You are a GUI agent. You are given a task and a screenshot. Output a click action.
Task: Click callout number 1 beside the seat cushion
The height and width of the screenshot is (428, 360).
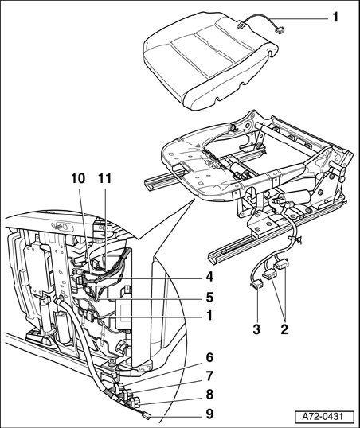[x=335, y=18]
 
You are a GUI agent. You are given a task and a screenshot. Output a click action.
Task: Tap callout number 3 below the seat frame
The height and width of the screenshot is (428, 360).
[x=256, y=329]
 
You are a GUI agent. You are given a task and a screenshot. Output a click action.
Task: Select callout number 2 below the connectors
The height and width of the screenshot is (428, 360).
[x=284, y=329]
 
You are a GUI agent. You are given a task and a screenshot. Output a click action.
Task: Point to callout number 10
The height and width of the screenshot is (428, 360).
[x=78, y=179]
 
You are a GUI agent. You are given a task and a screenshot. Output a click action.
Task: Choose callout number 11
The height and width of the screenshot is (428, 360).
[x=105, y=179]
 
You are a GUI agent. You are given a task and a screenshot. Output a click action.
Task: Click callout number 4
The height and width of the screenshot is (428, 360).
[x=209, y=278]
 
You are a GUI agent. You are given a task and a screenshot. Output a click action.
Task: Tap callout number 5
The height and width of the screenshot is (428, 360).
[x=209, y=298]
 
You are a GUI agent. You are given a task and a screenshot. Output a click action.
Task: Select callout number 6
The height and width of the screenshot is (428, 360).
[x=209, y=357]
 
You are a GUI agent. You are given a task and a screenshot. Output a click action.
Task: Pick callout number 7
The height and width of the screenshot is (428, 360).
[x=209, y=376]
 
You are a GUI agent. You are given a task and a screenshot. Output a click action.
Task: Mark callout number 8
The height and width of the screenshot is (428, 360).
[x=209, y=395]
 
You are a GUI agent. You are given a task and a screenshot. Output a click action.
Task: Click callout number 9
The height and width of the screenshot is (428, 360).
[x=209, y=414]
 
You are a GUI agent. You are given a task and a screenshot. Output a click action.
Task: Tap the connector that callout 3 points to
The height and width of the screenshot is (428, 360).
[x=256, y=286]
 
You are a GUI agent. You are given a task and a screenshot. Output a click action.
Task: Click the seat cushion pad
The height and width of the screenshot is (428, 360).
[x=210, y=60]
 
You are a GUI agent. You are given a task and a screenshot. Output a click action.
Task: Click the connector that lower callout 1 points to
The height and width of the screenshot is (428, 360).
[x=89, y=316]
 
